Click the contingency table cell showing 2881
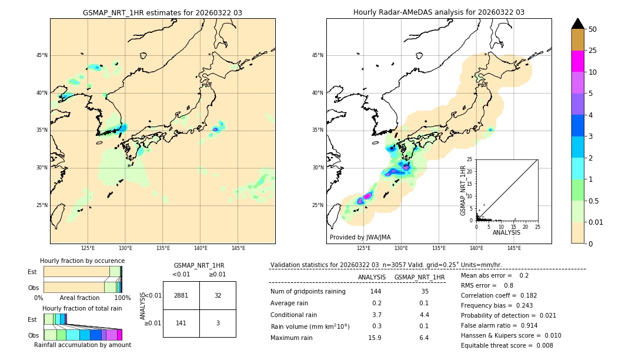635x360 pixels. click(181, 295)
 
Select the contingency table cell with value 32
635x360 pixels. click(218, 295)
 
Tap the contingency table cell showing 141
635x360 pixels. click(181, 323)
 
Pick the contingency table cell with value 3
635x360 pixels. click(218, 323)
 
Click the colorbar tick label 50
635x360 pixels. click(593, 29)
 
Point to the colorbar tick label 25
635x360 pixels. click(593, 51)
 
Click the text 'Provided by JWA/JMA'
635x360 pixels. click(360, 237)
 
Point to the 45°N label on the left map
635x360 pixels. click(42, 55)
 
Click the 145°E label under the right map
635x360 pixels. click(514, 248)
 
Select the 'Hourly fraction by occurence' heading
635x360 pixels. click(82, 261)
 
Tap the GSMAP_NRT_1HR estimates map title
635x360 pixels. click(162, 12)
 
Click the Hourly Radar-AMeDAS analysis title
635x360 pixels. click(439, 12)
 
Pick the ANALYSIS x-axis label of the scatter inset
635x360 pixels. click(506, 232)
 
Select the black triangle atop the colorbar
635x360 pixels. click(578, 24)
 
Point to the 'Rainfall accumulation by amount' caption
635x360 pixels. click(82, 345)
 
